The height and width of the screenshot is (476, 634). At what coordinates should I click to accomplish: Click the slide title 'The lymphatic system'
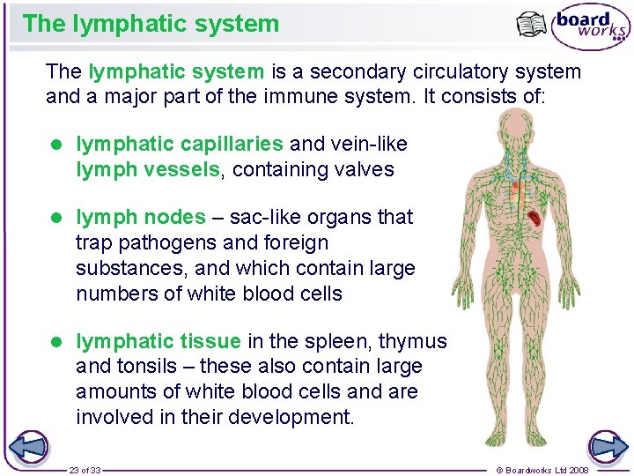pos(151,24)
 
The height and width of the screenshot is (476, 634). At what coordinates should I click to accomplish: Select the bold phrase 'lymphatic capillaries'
pos(180,144)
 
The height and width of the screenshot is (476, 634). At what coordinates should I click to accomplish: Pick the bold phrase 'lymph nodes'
pos(141,217)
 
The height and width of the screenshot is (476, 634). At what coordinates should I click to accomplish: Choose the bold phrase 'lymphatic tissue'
pos(158,341)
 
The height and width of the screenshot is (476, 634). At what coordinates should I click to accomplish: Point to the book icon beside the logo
pos(532,25)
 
